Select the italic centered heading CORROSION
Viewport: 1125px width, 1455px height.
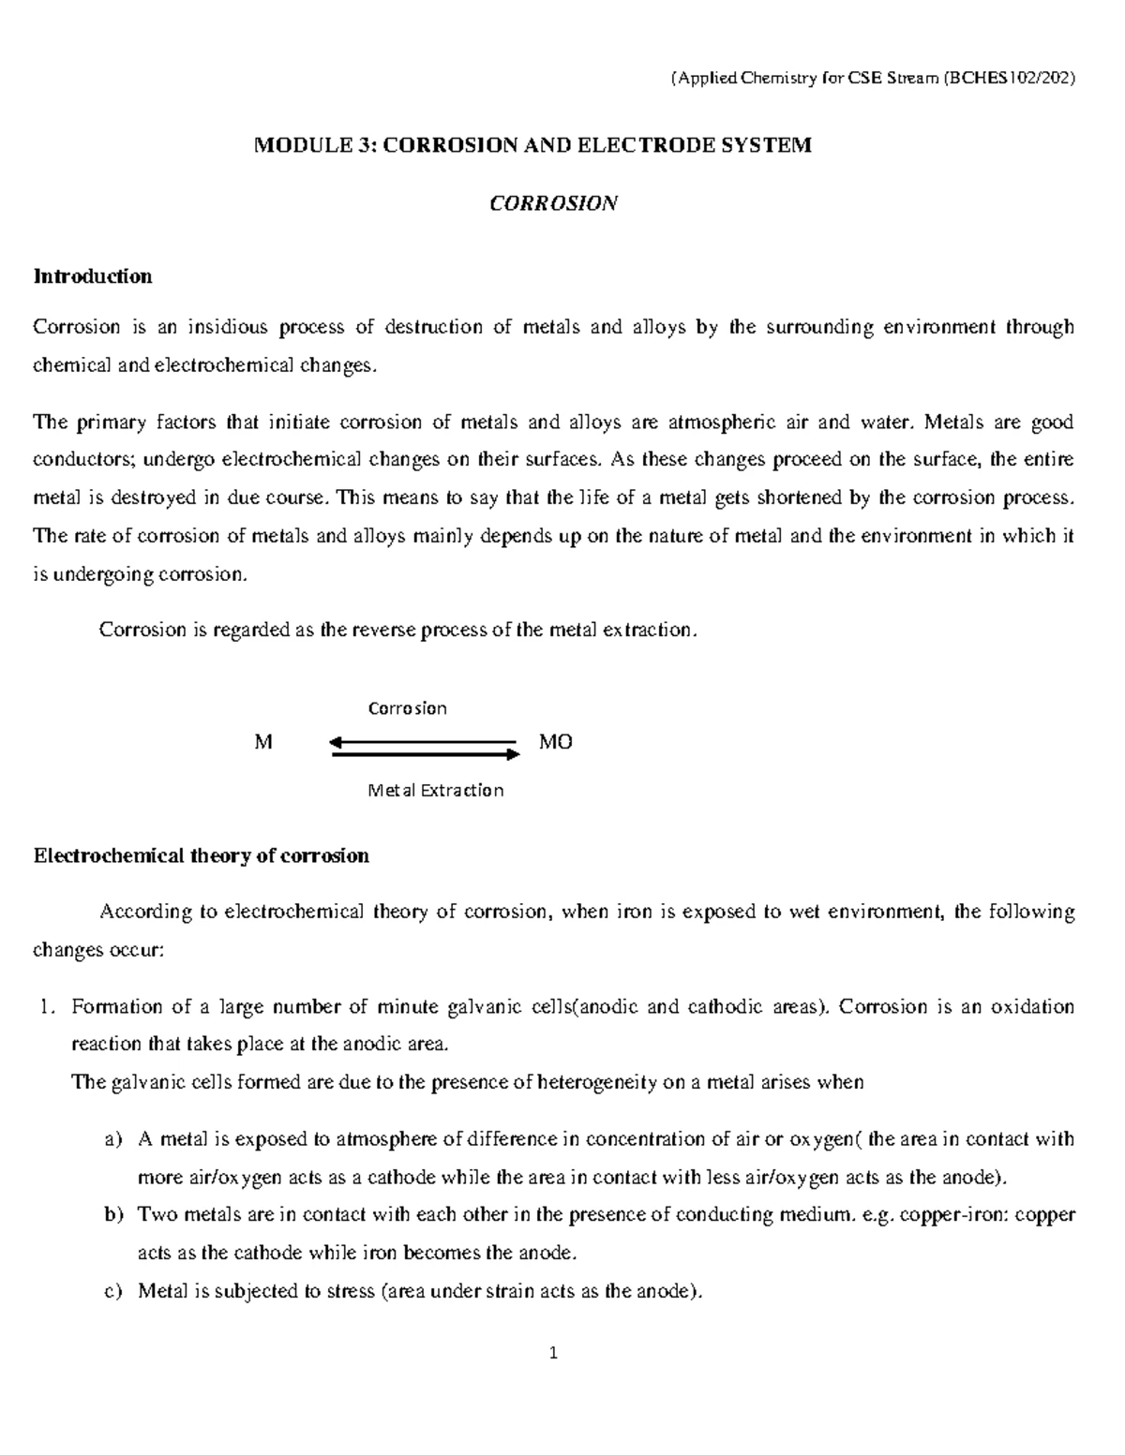click(554, 203)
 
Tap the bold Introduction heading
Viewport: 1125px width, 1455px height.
click(93, 276)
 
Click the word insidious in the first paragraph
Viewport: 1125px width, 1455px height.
click(228, 327)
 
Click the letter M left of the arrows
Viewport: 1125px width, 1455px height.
click(263, 743)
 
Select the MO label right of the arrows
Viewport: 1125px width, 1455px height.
click(556, 743)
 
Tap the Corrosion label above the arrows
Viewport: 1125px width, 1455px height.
click(407, 708)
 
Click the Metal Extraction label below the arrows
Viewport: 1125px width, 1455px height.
click(436, 791)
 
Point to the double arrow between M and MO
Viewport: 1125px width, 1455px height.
click(426, 747)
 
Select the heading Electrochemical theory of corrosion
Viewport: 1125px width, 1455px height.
click(202, 855)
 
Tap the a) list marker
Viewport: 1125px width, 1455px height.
click(113, 1140)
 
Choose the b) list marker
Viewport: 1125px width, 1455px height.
click(113, 1215)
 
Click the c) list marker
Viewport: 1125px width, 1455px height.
click(113, 1291)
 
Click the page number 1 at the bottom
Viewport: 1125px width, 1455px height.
click(554, 1353)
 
